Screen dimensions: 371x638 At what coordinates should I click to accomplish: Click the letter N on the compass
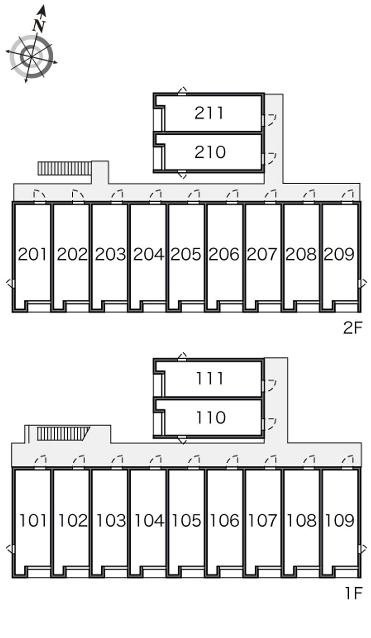(38, 26)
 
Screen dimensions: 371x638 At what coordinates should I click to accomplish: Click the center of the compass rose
(31, 57)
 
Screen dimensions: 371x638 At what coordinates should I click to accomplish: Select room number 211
(209, 113)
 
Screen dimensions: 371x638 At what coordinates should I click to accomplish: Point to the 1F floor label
(354, 593)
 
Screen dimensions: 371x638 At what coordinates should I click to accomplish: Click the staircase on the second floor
(64, 168)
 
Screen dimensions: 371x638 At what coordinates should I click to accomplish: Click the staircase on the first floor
(63, 434)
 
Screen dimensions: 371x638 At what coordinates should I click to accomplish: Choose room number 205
(186, 254)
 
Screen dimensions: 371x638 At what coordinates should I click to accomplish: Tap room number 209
(339, 254)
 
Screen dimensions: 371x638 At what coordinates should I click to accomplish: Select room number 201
(32, 254)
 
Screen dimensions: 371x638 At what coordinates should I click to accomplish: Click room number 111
(210, 378)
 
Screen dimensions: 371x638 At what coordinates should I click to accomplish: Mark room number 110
(211, 418)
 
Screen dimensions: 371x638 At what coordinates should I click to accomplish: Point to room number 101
(32, 520)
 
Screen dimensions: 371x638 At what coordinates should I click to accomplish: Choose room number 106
(224, 520)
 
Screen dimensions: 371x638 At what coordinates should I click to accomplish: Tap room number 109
(339, 520)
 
